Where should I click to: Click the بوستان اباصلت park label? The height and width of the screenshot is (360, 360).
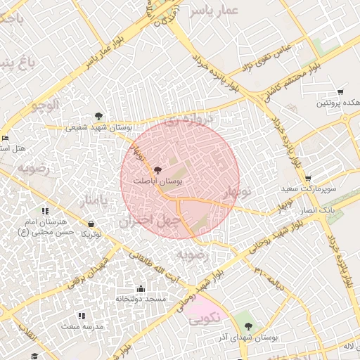coord(158,181)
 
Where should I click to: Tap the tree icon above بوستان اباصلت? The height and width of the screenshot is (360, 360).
coord(157,171)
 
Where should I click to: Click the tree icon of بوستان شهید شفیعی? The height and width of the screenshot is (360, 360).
coord(98,117)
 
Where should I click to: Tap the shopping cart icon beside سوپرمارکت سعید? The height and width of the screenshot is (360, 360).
coord(309,179)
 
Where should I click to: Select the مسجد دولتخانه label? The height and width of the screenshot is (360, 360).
coord(141,300)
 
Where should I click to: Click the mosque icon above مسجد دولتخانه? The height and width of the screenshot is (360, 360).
coord(141,289)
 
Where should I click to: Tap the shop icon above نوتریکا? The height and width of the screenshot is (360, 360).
coord(91,224)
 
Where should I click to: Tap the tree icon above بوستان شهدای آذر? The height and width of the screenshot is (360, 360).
coord(247,326)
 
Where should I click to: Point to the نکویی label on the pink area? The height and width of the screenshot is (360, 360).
coord(205,318)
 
